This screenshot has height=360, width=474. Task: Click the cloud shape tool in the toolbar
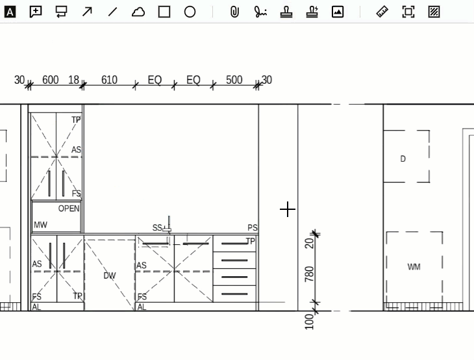click(x=138, y=12)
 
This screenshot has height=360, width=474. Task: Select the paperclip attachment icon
click(x=234, y=12)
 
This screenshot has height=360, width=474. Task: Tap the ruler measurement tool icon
click(x=382, y=12)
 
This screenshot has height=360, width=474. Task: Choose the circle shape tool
click(x=190, y=12)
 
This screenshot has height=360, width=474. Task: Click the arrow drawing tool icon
click(x=87, y=12)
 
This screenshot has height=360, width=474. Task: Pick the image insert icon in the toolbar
click(x=338, y=12)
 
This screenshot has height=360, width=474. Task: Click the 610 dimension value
click(x=109, y=80)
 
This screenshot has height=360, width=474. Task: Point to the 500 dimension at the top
click(x=234, y=80)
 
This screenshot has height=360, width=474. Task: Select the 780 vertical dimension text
click(x=309, y=274)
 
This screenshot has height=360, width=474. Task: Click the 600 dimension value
click(x=50, y=80)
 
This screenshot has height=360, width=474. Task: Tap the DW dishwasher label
click(x=110, y=276)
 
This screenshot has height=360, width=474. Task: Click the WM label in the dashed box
click(x=414, y=267)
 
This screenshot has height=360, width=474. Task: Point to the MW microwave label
click(x=40, y=225)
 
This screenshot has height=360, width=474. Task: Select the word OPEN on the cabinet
click(x=69, y=209)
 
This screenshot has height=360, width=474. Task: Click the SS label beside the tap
click(x=157, y=227)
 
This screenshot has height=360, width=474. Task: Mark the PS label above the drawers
click(x=253, y=227)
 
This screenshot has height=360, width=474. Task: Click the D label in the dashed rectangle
click(x=403, y=159)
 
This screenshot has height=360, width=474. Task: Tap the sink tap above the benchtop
click(x=168, y=224)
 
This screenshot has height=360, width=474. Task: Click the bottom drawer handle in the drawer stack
click(x=234, y=294)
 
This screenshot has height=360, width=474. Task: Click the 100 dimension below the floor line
click(x=309, y=322)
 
